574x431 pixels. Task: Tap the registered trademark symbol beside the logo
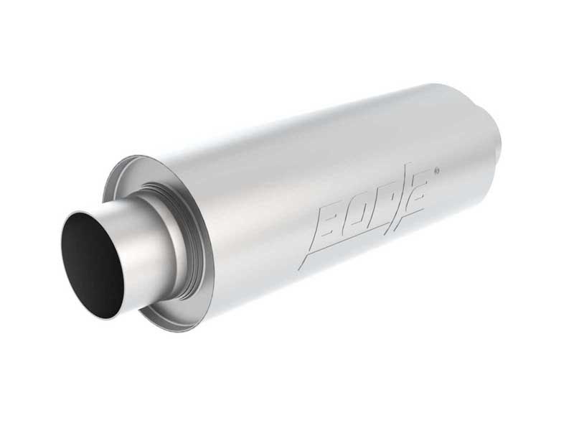(x=438, y=171)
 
